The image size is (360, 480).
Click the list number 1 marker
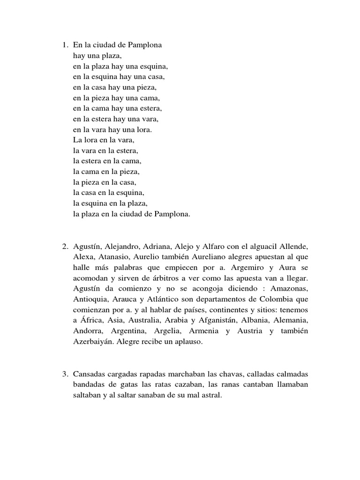click(x=64, y=45)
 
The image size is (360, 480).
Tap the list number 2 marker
click(x=64, y=247)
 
